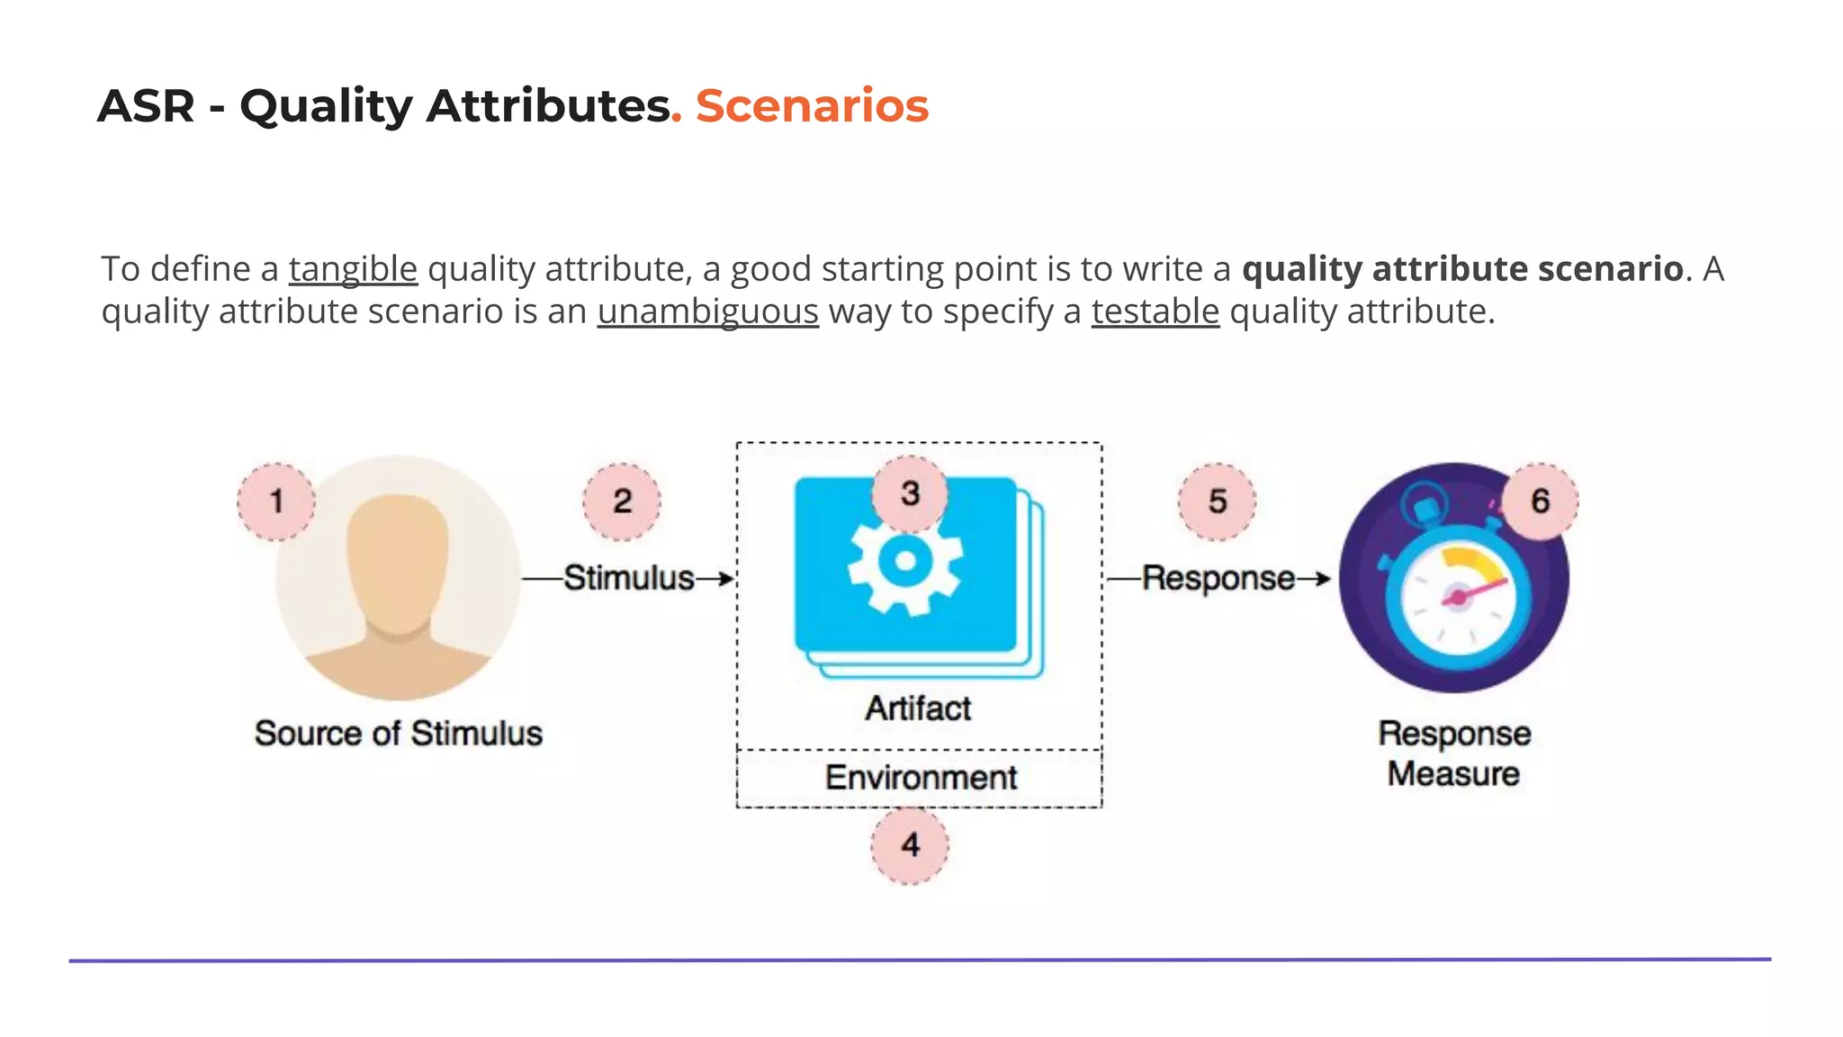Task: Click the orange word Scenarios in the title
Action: click(812, 106)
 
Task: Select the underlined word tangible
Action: click(353, 269)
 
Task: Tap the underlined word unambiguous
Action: click(707, 311)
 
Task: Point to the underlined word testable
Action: click(1155, 311)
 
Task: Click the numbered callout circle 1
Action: click(276, 501)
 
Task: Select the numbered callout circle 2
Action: click(622, 501)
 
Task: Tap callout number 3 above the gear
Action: click(910, 493)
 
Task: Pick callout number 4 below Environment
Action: click(910, 845)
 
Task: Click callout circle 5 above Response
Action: click(1217, 501)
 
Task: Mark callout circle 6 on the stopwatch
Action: click(1540, 501)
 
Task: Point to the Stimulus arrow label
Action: click(629, 578)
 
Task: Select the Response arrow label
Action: click(1218, 578)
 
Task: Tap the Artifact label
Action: click(918, 708)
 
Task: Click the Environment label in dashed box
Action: click(921, 778)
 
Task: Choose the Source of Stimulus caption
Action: click(398, 734)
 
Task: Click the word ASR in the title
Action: click(146, 106)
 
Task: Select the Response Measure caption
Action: click(1453, 753)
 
